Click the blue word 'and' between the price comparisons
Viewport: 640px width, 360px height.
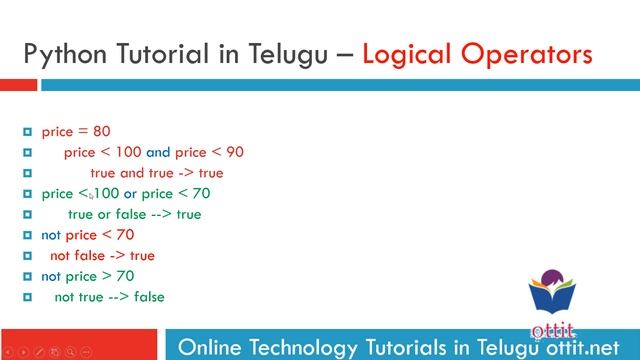tap(158, 152)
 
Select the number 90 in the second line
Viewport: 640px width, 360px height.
tap(234, 152)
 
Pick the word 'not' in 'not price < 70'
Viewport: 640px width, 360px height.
tap(51, 234)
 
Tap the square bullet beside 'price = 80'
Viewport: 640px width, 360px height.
tap(28, 132)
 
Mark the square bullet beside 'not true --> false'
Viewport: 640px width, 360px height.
tap(28, 297)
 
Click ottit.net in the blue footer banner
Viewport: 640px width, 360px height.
tap(584, 347)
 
